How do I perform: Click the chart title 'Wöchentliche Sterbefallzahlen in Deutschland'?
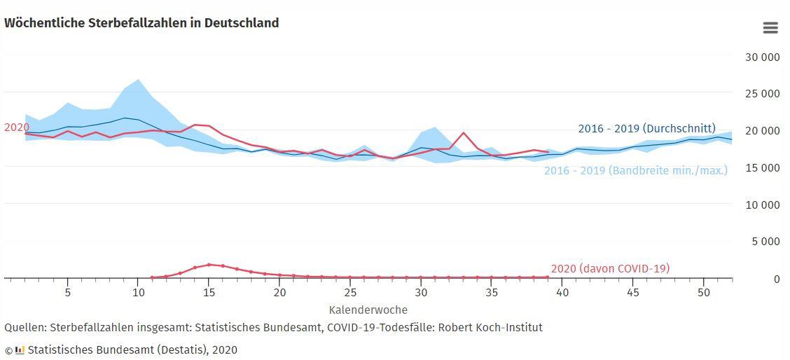click(141, 23)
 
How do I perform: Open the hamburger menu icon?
click(770, 28)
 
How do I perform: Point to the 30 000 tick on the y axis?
click(761, 57)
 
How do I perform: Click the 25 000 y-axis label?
click(761, 94)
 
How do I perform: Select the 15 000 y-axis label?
click(761, 168)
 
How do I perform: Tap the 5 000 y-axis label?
click(764, 242)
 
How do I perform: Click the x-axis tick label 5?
click(67, 292)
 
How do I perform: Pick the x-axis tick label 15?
click(209, 292)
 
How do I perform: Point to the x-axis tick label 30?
click(421, 292)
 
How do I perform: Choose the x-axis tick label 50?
click(704, 292)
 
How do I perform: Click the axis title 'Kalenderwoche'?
click(368, 310)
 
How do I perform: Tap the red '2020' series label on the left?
click(15, 127)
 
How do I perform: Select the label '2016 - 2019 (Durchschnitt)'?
click(646, 129)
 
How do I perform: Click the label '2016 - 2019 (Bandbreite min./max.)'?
click(635, 170)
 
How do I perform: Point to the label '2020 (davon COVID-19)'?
click(610, 268)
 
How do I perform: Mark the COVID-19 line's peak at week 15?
click(209, 265)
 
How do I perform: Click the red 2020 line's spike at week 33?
click(464, 132)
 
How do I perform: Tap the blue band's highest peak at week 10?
click(138, 80)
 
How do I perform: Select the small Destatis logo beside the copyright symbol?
click(20, 350)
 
